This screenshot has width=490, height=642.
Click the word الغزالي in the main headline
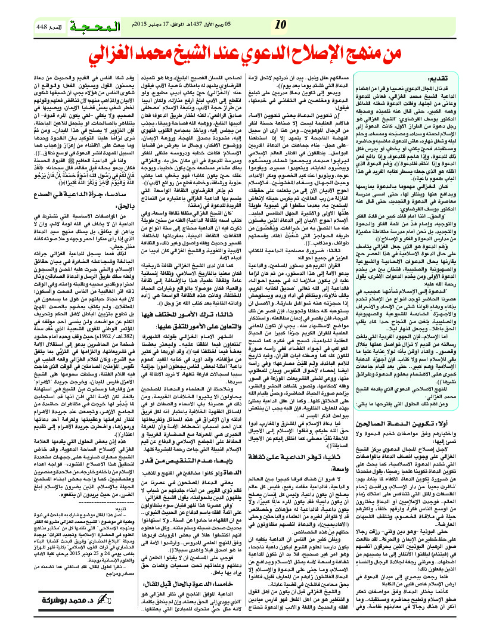pos(124,57)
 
